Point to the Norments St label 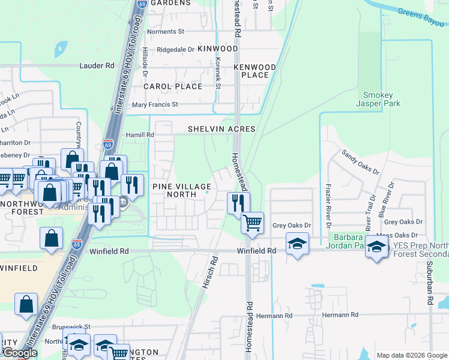(x=165, y=31)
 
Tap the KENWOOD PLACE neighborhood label (x=255, y=71)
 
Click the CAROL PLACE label (x=172, y=86)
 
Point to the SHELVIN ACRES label (x=221, y=129)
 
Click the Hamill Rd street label (x=140, y=136)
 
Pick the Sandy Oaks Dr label (x=361, y=162)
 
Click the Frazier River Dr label (x=329, y=205)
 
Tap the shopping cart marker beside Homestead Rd (x=253, y=223)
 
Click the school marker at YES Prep (x=376, y=246)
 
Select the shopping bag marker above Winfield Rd (x=52, y=238)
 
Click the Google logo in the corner (x=19, y=353)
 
